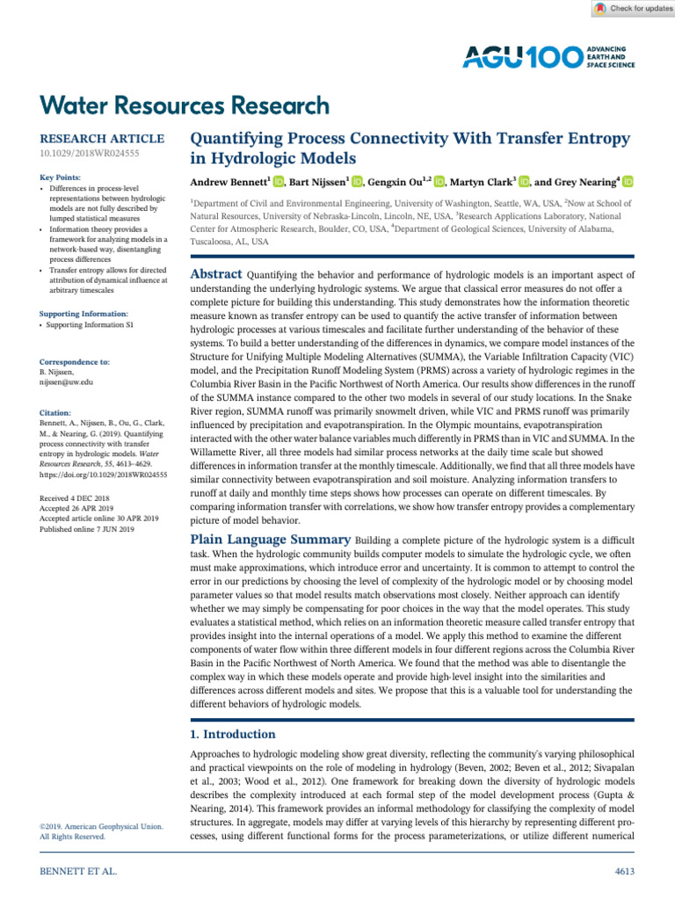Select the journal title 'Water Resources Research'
(x=185, y=106)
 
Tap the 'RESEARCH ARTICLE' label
(x=103, y=139)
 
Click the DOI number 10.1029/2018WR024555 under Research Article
(x=90, y=154)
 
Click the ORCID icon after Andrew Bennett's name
(x=278, y=182)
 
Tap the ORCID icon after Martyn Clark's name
(x=525, y=182)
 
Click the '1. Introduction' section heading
(x=233, y=734)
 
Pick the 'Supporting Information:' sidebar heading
(x=84, y=314)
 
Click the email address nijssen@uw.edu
(x=67, y=382)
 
